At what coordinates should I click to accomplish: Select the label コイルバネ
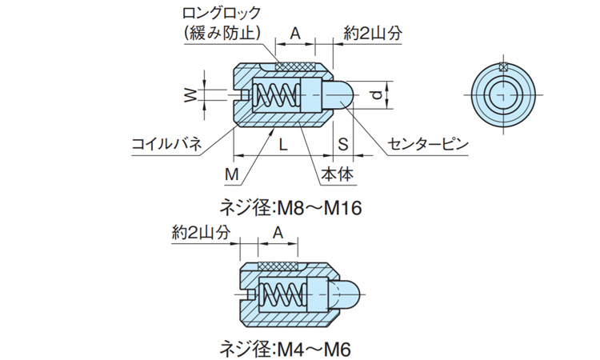pos(166,145)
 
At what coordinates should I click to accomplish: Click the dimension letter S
pos(342,145)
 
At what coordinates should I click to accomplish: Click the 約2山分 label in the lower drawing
pos(201,232)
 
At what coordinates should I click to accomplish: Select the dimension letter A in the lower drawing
pos(278,232)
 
